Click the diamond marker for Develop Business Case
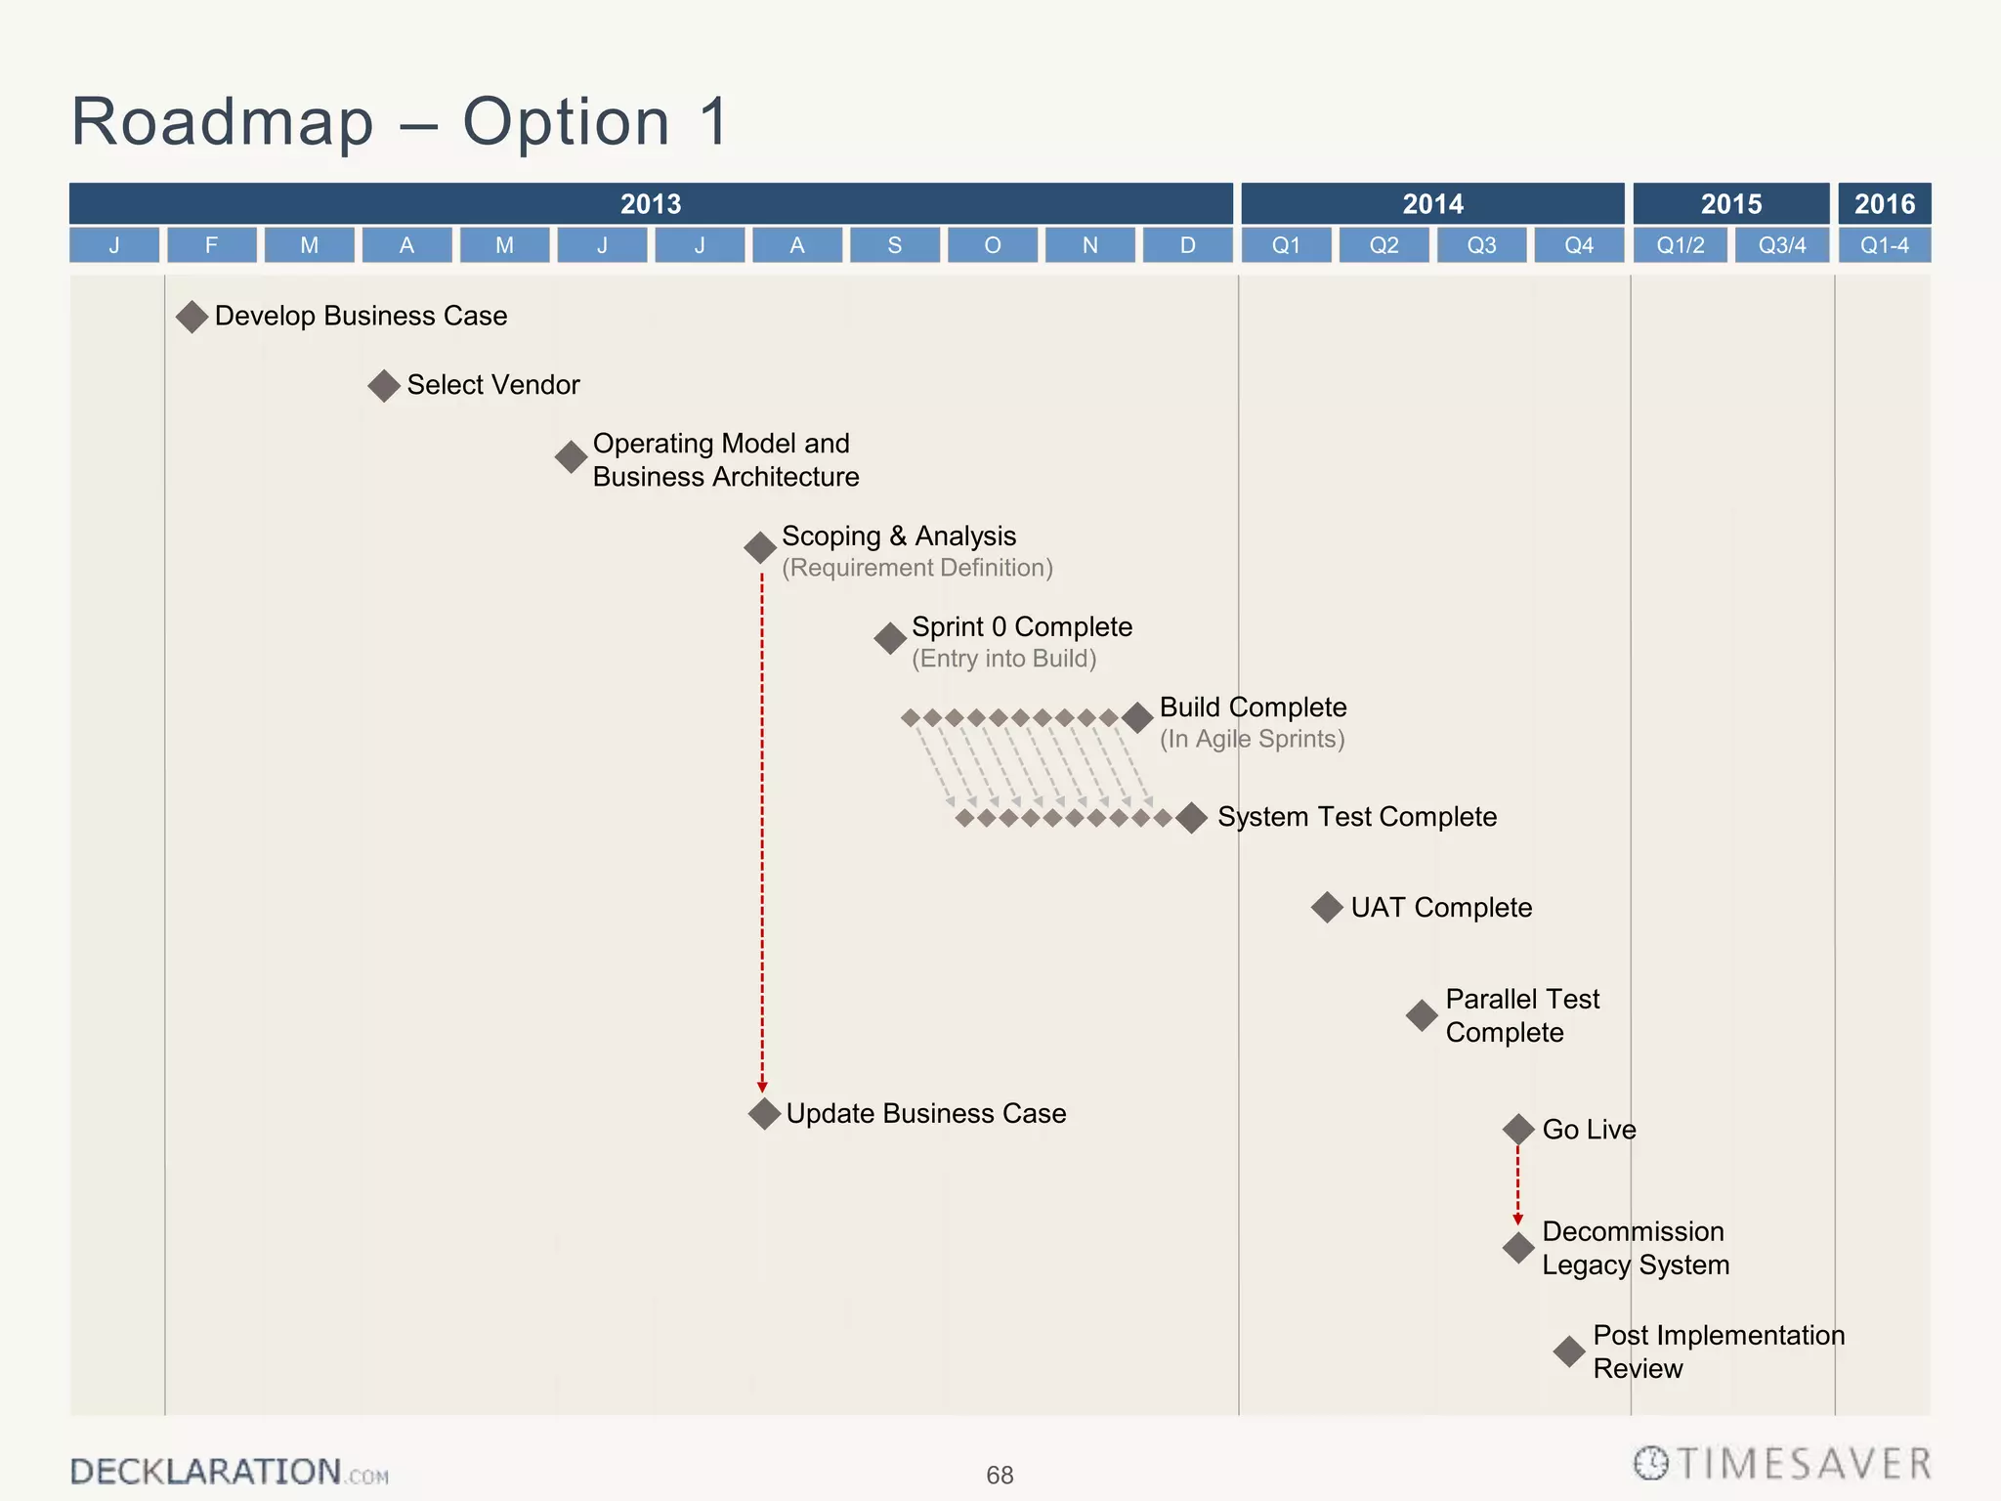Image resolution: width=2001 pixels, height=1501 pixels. (192, 317)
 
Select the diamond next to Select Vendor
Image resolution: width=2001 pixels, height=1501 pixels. (384, 386)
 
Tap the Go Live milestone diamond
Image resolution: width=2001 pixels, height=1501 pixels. (1518, 1130)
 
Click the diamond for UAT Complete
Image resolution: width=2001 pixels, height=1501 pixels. (1327, 908)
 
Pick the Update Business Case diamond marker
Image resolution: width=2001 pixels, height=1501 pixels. (764, 1113)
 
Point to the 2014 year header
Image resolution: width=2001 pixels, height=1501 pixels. (1432, 203)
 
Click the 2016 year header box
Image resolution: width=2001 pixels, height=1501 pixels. (1884, 203)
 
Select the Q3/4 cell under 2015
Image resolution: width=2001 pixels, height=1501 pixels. (1782, 245)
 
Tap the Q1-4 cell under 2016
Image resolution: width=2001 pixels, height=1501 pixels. (1884, 245)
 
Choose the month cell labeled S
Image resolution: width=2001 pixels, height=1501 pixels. (894, 245)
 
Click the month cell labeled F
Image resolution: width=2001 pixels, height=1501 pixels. (211, 245)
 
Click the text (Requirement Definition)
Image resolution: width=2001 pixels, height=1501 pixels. (916, 568)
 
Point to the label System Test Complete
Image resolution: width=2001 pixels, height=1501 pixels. (1356, 817)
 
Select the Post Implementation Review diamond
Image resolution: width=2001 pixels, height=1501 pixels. (1569, 1352)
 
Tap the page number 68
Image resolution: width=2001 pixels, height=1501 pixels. (1000, 1475)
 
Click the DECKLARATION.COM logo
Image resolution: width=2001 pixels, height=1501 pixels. (229, 1472)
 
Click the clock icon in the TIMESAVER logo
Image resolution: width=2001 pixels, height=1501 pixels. (1651, 1463)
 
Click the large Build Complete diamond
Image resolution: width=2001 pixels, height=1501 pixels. (1137, 718)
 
